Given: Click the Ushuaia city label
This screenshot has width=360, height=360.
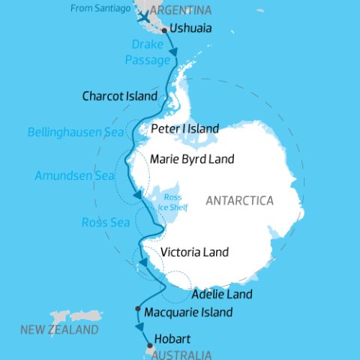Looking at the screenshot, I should (191, 28).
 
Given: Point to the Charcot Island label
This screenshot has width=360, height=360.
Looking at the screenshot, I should (120, 97).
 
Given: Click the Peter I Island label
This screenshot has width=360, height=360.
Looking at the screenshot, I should (184, 128).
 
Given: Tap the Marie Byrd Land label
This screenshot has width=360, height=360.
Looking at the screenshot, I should (192, 159).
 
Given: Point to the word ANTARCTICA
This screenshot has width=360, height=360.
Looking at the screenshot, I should (239, 201).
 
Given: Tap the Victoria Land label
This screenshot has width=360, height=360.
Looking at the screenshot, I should (194, 252).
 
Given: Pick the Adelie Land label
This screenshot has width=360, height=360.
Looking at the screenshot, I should (222, 294).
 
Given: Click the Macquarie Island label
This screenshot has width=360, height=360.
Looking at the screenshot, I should (187, 312).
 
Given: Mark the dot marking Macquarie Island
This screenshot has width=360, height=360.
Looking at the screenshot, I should (137, 308).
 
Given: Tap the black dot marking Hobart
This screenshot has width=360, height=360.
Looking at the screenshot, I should (150, 346).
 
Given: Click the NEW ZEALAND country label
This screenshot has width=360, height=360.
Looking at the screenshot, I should (59, 330).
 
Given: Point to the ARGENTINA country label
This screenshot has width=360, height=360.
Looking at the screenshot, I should (180, 10).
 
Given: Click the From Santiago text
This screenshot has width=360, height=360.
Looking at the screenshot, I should (103, 8).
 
